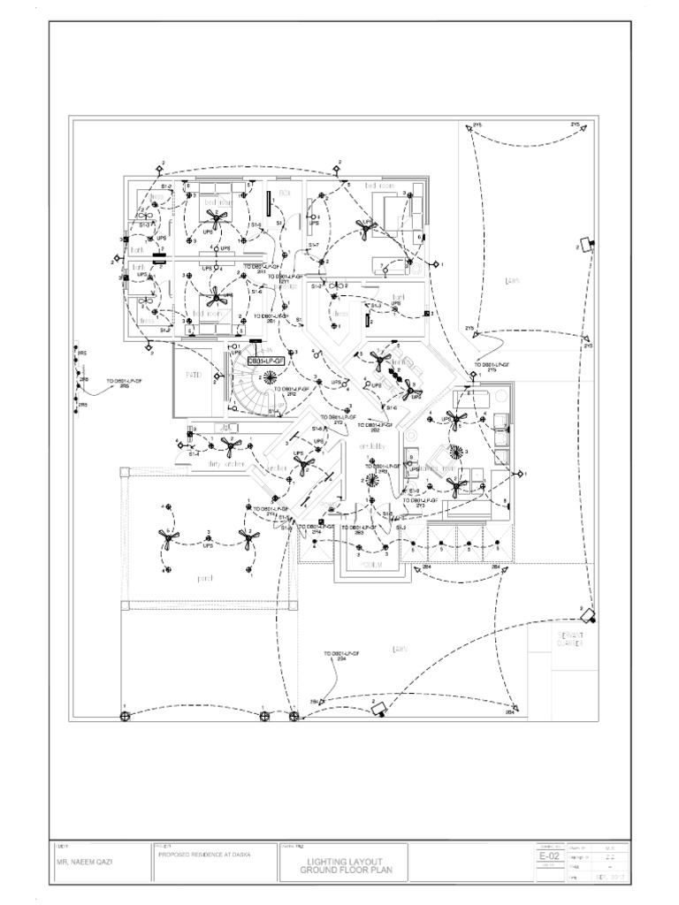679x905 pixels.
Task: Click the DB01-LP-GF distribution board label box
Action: tap(265, 361)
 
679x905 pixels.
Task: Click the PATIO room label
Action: tap(195, 376)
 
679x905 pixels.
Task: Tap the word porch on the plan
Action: tap(205, 578)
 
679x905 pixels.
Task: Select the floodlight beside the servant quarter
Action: tap(588, 612)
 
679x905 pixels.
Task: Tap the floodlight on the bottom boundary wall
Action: tap(380, 707)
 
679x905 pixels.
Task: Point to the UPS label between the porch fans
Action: tap(209, 545)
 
